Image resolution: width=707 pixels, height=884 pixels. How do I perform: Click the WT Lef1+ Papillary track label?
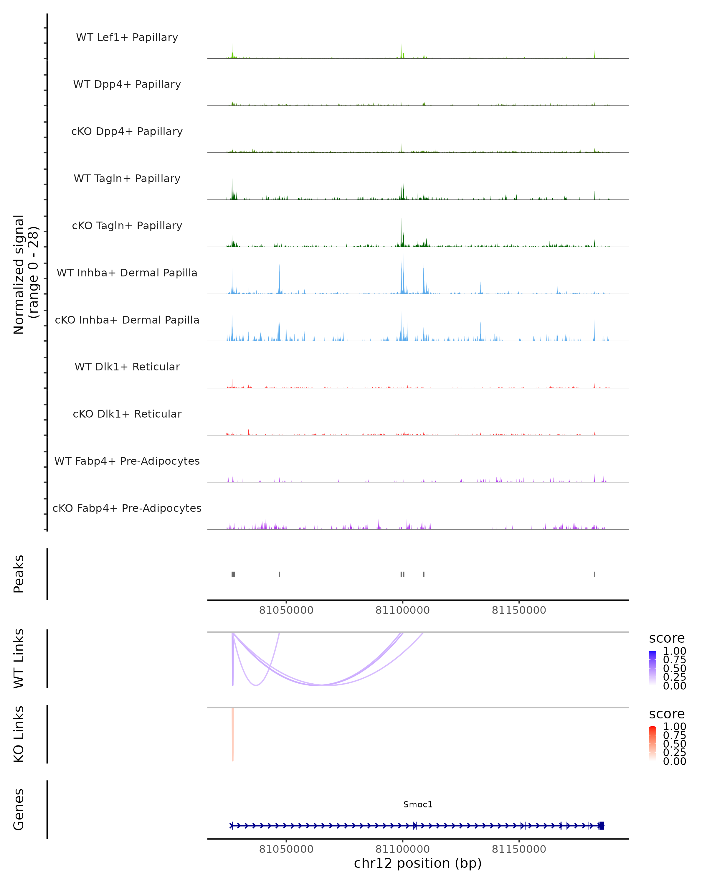pyautogui.click(x=127, y=37)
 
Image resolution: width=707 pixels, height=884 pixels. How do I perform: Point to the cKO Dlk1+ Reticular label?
pyautogui.click(x=127, y=414)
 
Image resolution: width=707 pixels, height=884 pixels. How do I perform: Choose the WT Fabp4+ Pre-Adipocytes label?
pyautogui.click(x=127, y=461)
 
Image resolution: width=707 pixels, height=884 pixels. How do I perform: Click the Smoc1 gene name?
pyautogui.click(x=418, y=804)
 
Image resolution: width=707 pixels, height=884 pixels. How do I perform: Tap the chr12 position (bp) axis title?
pyautogui.click(x=418, y=863)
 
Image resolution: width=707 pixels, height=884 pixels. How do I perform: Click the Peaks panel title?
pyautogui.click(x=19, y=574)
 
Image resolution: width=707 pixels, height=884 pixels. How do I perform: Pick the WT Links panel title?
pyautogui.click(x=19, y=659)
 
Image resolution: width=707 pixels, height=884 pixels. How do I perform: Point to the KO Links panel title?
pyautogui.click(x=19, y=734)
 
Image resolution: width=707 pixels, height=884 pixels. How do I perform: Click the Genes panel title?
pyautogui.click(x=19, y=810)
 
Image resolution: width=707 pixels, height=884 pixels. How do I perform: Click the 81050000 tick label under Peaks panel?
pyautogui.click(x=286, y=610)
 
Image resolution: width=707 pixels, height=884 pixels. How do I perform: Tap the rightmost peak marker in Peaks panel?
pyautogui.click(x=594, y=574)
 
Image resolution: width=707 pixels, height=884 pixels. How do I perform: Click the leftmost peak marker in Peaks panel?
pyautogui.click(x=233, y=574)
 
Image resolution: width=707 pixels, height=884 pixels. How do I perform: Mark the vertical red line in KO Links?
pyautogui.click(x=233, y=734)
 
